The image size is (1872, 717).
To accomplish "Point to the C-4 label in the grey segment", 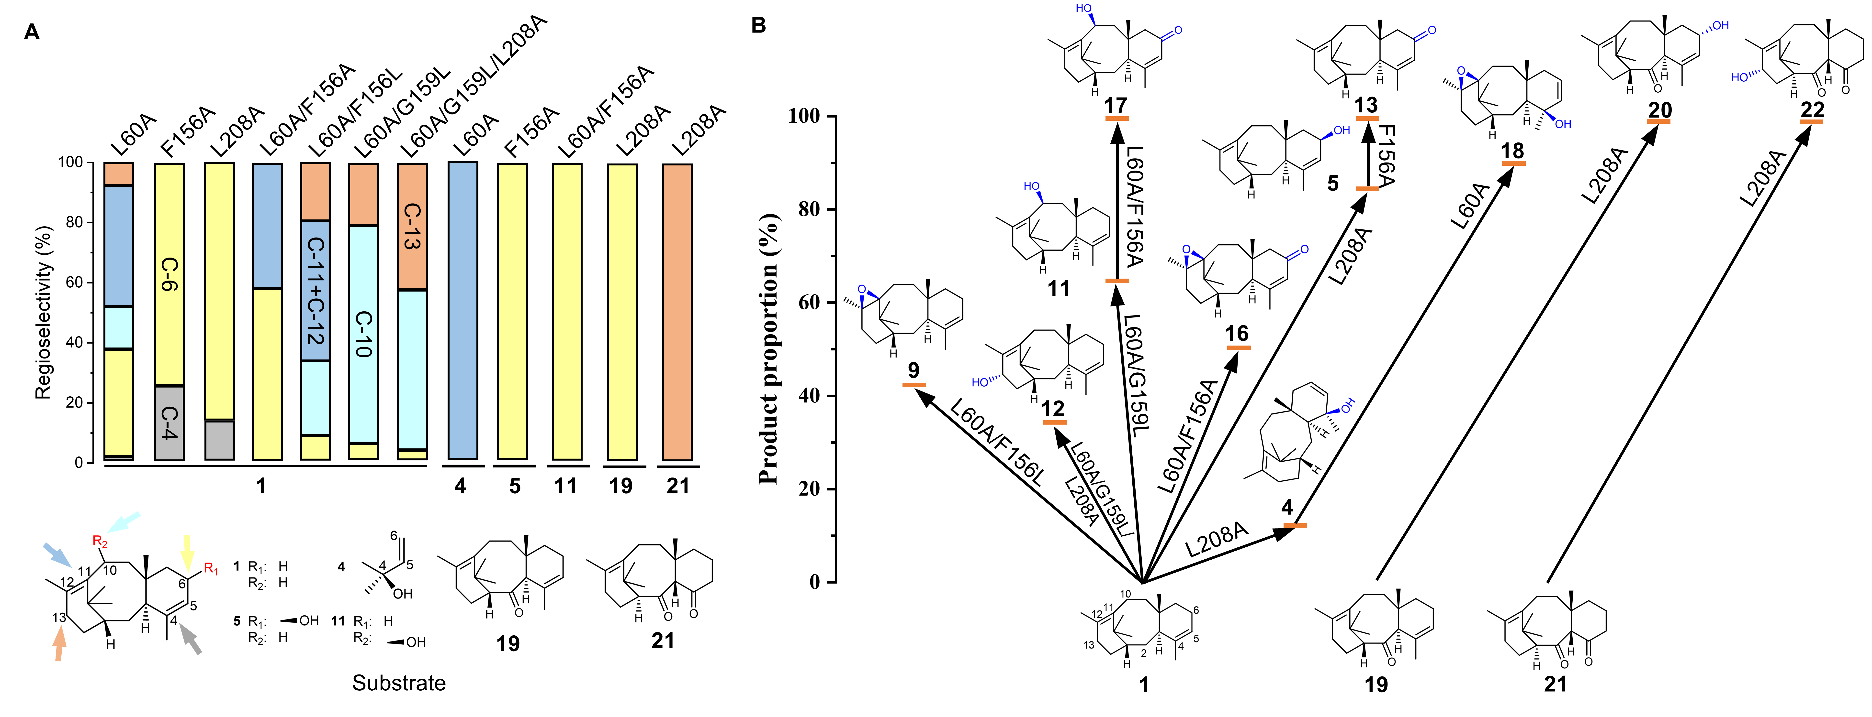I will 169,423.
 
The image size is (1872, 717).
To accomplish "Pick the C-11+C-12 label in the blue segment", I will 316,291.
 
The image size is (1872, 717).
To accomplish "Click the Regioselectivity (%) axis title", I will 44,312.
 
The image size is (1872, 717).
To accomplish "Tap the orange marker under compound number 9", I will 913,385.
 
